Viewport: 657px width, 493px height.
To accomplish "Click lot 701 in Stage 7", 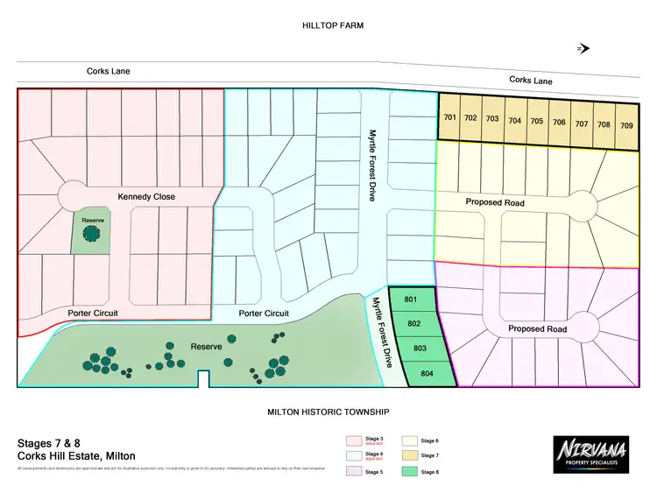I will (x=449, y=118).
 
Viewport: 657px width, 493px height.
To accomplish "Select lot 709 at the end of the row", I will (x=626, y=125).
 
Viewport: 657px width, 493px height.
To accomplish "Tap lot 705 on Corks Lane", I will (x=536, y=122).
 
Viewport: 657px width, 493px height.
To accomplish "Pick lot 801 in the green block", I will (x=410, y=300).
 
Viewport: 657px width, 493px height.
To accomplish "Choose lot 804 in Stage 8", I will (x=427, y=374).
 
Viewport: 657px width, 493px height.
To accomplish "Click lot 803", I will (x=420, y=349).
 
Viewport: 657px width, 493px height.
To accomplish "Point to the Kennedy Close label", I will (x=146, y=197).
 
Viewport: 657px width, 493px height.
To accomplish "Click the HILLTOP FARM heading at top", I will (x=332, y=26).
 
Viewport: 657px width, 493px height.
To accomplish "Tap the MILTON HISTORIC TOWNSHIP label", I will (x=328, y=412).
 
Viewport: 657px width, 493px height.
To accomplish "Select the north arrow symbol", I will (x=583, y=49).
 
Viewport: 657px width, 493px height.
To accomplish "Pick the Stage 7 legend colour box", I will (x=409, y=455).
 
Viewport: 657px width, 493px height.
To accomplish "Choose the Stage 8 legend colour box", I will (x=409, y=472).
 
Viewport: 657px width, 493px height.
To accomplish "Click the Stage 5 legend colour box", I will (x=354, y=472).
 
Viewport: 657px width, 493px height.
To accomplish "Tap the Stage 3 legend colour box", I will (x=354, y=440).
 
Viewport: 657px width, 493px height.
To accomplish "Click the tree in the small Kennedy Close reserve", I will (x=88, y=233).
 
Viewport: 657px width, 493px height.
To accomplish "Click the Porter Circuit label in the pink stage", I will (x=93, y=313).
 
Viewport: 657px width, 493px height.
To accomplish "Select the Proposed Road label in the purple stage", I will (x=537, y=329).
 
